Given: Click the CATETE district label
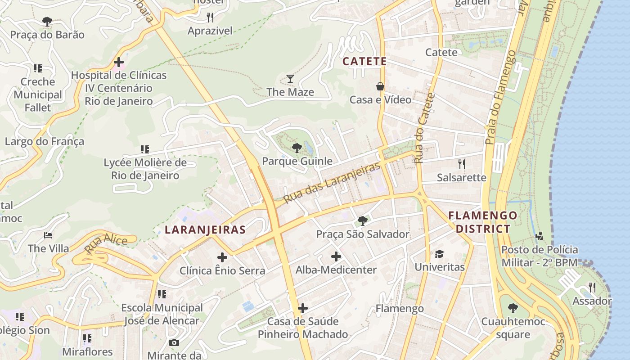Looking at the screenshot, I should pos(364,61).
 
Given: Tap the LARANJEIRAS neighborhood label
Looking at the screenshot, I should pos(205,230).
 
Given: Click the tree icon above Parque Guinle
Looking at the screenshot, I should pos(297,148).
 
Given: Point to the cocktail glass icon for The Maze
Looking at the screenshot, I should pos(290,79).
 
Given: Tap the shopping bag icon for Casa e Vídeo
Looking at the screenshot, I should pos(380,86).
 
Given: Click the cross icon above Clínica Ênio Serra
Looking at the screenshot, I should pos(222,257).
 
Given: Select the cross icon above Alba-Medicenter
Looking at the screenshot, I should pos(336,256).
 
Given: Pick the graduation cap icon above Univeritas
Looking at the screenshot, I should pos(439,254).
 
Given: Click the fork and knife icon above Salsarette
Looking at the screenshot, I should pos(461,164).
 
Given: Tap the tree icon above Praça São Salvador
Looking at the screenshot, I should pos(362,220).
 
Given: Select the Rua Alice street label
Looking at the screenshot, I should pos(106,243).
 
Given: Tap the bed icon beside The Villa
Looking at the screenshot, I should pos(48,235).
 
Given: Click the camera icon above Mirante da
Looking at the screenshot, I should pos(174,342).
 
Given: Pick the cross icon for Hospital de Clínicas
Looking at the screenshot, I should pos(119,62).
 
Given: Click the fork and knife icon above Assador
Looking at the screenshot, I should pos(592,287).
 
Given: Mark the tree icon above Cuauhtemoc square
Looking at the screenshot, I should pos(513,308).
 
